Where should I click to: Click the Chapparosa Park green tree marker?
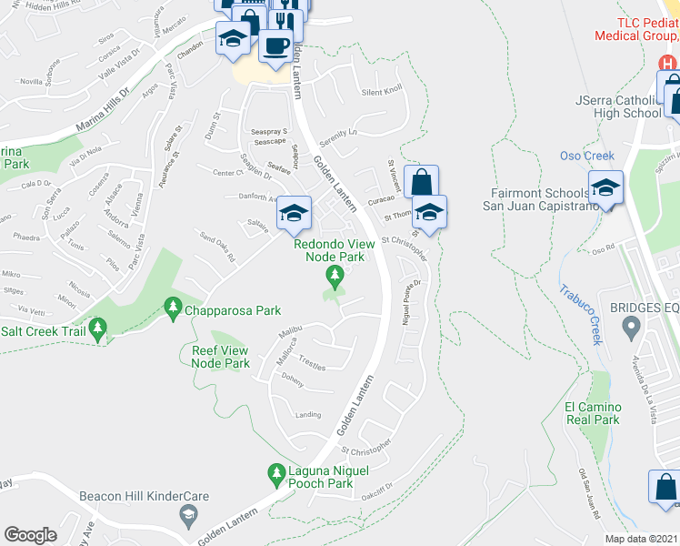pyautogui.click(x=172, y=309)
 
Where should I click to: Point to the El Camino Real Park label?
pyautogui.click(x=592, y=413)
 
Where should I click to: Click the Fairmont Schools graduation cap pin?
pyautogui.click(x=605, y=187)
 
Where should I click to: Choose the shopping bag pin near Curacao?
pyautogui.click(x=421, y=180)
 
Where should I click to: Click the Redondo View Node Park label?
pyautogui.click(x=328, y=250)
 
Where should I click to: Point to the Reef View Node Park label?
pyautogui.click(x=220, y=357)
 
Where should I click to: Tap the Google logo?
pyautogui.click(x=31, y=535)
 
